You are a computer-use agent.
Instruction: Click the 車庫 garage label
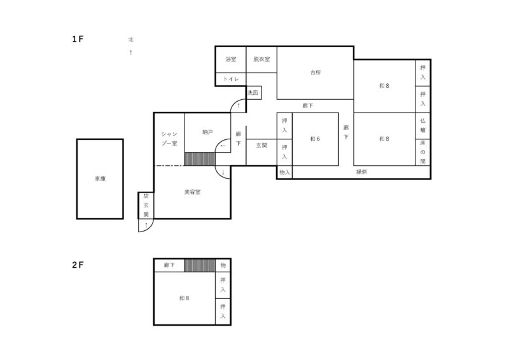coord(100,179)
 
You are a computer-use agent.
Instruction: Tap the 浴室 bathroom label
coord(231,59)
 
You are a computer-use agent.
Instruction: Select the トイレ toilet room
coord(231,80)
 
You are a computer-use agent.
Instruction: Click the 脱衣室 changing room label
coord(261,59)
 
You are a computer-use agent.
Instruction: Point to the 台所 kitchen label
coord(316,73)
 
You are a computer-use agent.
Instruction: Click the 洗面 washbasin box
coord(253,93)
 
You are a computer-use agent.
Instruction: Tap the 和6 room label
coord(315,139)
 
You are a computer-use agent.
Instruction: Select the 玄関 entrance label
coord(261,146)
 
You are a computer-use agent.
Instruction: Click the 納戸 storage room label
coord(207,132)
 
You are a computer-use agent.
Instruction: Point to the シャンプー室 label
coord(169,139)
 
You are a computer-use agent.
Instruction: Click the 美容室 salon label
coord(193,192)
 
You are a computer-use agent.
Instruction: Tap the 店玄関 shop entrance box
coord(146,205)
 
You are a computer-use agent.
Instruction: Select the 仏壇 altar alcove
coord(423,126)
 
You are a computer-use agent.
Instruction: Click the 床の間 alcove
coord(423,153)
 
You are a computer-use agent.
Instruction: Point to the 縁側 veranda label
coord(361,172)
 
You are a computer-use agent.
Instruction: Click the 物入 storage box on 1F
coord(284,172)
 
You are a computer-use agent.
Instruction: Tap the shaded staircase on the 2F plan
coord(200,265)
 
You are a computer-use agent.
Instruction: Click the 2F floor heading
coord(78,265)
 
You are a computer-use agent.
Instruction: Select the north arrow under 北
coord(131,52)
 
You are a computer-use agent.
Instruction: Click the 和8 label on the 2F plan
coord(185,298)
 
